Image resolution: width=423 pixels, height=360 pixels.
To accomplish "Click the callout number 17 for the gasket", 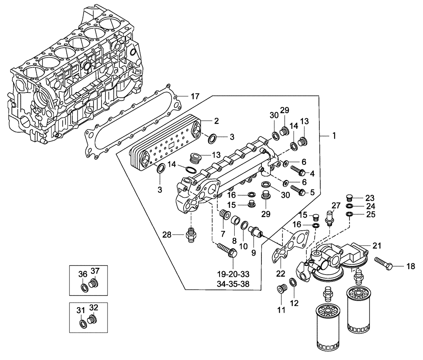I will pos(195,97).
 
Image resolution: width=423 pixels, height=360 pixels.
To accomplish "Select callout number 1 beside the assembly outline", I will pos(334,136).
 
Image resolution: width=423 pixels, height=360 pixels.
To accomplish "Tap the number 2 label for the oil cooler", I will pos(216,121).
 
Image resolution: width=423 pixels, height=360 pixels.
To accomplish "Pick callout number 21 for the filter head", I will pos(377,245).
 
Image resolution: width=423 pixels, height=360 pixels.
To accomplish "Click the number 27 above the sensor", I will pos(336,205).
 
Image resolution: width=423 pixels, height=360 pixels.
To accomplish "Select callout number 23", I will pos(370,197).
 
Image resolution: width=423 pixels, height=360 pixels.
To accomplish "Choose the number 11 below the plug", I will pos(280,310).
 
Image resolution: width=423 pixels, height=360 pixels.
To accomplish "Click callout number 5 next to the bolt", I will pos(312,192).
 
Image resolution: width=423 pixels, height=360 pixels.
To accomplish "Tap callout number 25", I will pos(370,215).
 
